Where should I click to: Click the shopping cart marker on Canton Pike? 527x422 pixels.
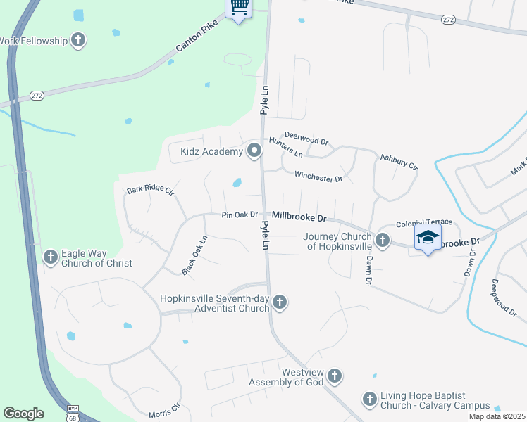[x=239, y=8]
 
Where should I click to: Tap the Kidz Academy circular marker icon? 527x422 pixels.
[x=254, y=151]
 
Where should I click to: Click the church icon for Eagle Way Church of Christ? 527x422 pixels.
[x=51, y=257]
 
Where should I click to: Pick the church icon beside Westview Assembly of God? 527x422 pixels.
[x=335, y=376]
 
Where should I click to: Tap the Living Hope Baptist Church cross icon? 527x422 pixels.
[x=369, y=399]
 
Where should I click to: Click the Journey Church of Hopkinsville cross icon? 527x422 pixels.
[x=382, y=241]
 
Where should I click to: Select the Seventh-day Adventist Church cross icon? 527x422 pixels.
[x=280, y=302]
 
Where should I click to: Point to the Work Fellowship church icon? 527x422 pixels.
[x=78, y=41]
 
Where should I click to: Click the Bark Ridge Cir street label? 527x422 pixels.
[x=149, y=191]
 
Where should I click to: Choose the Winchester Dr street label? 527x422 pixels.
[x=318, y=177]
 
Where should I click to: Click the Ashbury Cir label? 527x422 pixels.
[x=399, y=162]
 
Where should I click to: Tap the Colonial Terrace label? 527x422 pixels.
[x=419, y=224]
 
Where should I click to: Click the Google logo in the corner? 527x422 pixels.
[x=23, y=414]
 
